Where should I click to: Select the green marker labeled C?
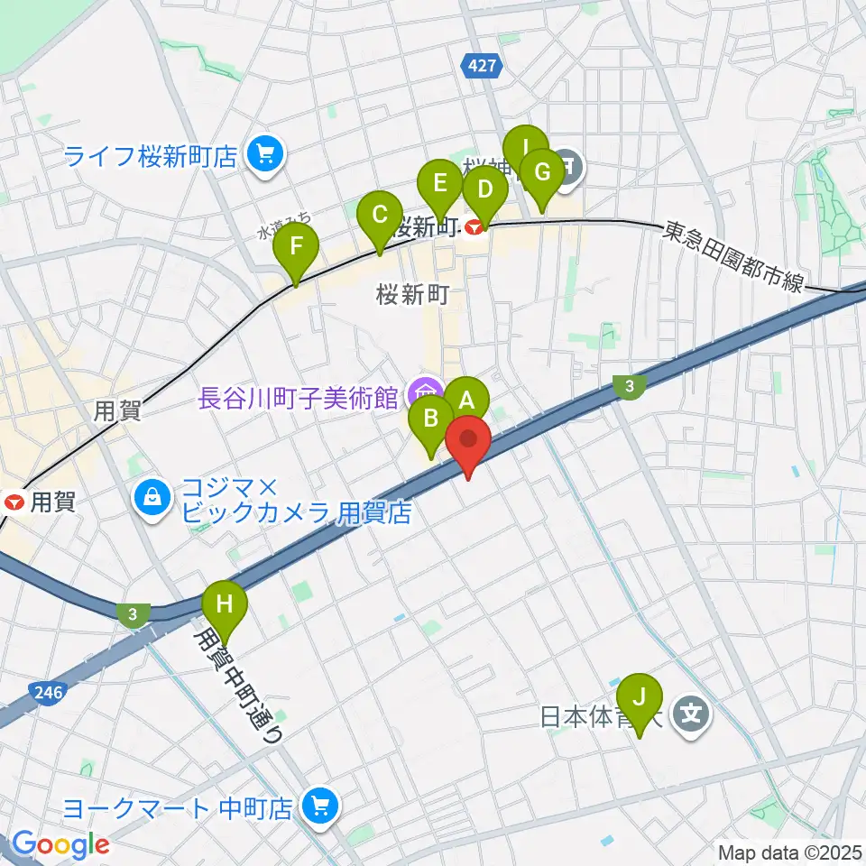click(x=379, y=216)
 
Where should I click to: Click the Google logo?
click(x=60, y=844)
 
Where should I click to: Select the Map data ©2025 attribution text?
click(x=790, y=851)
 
